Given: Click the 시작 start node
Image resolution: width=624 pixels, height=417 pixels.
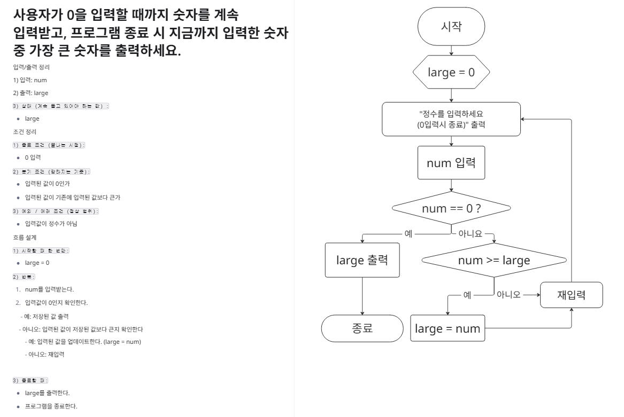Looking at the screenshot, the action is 452,26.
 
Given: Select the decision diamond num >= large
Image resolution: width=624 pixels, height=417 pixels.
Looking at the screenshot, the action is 494,261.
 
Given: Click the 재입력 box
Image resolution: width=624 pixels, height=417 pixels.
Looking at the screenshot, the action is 572,295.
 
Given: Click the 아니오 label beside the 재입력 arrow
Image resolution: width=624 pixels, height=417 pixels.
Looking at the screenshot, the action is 508,294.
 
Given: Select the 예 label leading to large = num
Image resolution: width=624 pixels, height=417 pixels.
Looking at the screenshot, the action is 467,294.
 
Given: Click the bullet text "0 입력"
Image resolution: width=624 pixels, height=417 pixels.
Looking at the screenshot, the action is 33,159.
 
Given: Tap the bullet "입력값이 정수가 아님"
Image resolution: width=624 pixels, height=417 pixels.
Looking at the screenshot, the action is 51,224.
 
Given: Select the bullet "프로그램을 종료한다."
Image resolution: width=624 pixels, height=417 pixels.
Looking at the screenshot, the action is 51,406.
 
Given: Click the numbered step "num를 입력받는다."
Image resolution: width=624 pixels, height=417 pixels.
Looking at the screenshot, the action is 49,289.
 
